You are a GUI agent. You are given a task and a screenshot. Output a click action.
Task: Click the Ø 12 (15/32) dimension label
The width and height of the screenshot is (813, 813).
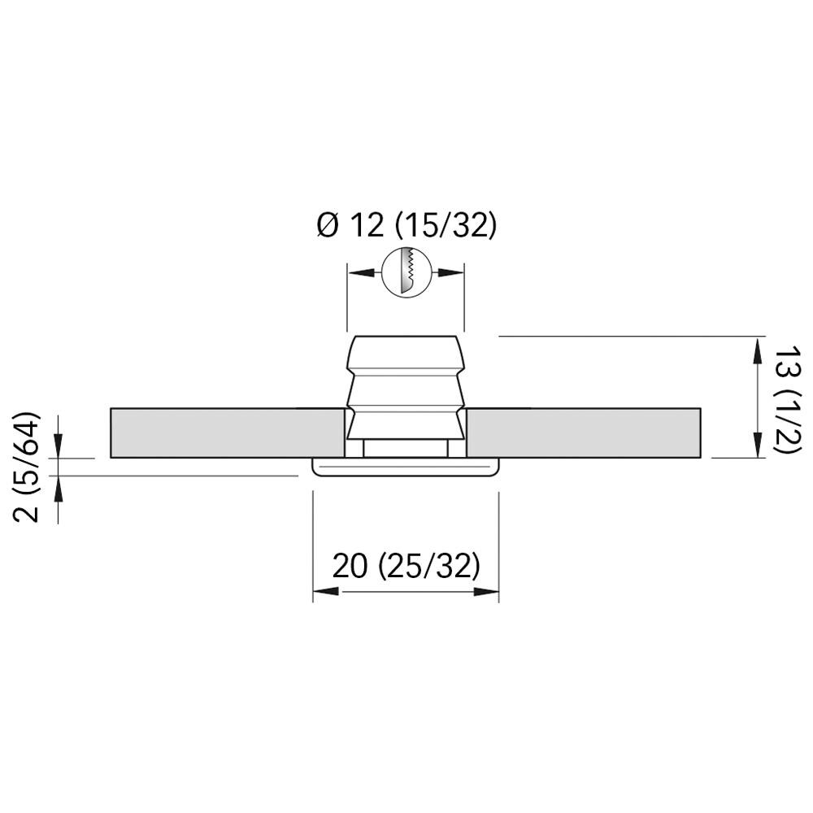point(406,226)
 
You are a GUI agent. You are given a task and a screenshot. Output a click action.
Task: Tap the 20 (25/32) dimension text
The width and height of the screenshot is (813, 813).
point(406,566)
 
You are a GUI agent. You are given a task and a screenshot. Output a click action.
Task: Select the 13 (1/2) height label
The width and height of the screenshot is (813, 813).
point(788,400)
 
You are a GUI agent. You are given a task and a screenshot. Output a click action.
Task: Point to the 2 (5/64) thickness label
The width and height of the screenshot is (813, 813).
point(26,467)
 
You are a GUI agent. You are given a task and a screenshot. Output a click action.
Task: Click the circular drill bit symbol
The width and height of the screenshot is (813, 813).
point(406,272)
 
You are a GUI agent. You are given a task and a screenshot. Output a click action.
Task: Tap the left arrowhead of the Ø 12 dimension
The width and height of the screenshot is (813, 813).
point(361,272)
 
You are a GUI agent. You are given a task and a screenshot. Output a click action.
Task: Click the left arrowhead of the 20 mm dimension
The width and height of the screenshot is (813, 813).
point(326,591)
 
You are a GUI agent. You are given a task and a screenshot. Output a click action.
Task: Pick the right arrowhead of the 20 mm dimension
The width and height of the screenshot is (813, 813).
point(486,591)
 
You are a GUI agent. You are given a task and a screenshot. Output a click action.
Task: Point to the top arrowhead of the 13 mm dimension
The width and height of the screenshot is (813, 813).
point(758,350)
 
